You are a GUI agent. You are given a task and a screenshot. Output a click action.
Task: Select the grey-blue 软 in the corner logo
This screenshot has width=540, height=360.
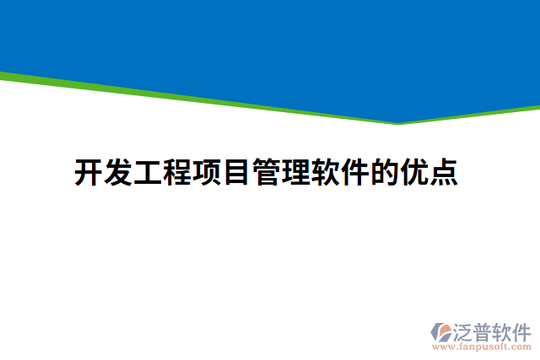(505, 330)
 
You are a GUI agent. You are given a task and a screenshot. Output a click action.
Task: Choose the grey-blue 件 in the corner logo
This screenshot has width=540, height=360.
(524, 330)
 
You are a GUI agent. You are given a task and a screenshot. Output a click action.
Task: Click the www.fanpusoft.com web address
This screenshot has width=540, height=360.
(481, 346)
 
